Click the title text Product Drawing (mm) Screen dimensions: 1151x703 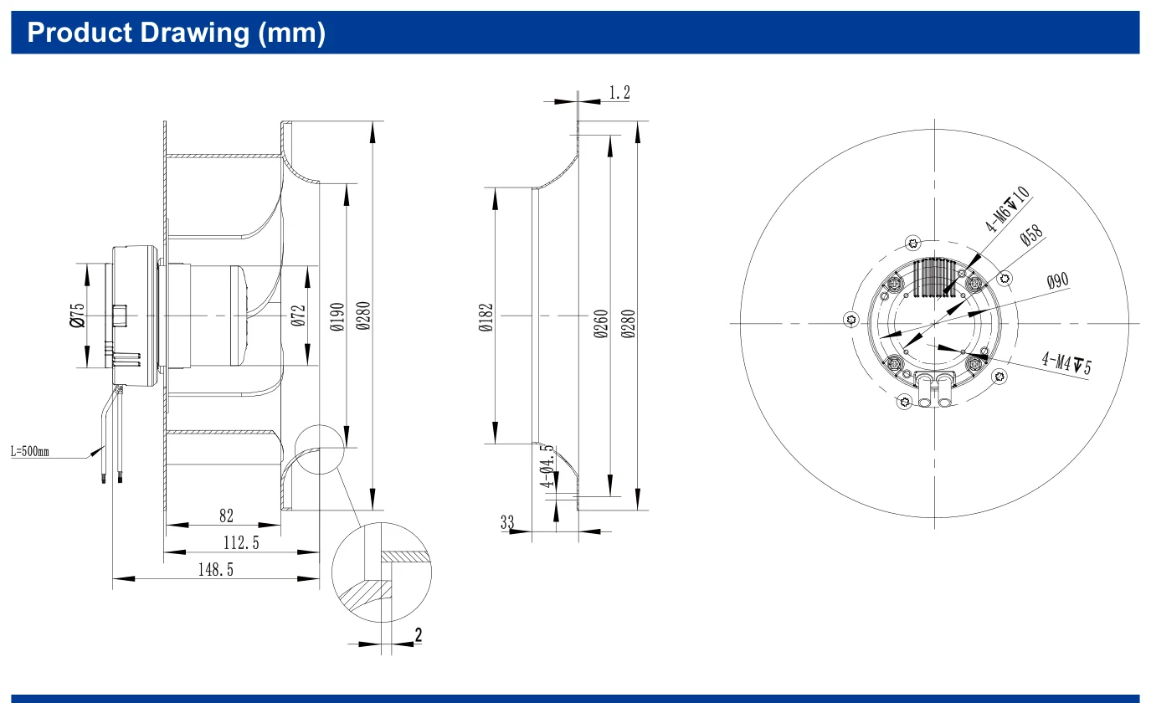point(177,33)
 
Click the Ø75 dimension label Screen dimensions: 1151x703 point(77,315)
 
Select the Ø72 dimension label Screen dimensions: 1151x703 point(298,316)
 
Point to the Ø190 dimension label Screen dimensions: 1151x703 point(337,316)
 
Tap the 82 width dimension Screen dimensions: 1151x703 point(226,516)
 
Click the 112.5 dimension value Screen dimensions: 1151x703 point(241,542)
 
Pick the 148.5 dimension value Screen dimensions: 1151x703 point(216,569)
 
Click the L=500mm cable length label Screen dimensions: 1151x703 point(30,452)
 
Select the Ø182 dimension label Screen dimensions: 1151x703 point(486,317)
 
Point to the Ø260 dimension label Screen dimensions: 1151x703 point(601,324)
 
